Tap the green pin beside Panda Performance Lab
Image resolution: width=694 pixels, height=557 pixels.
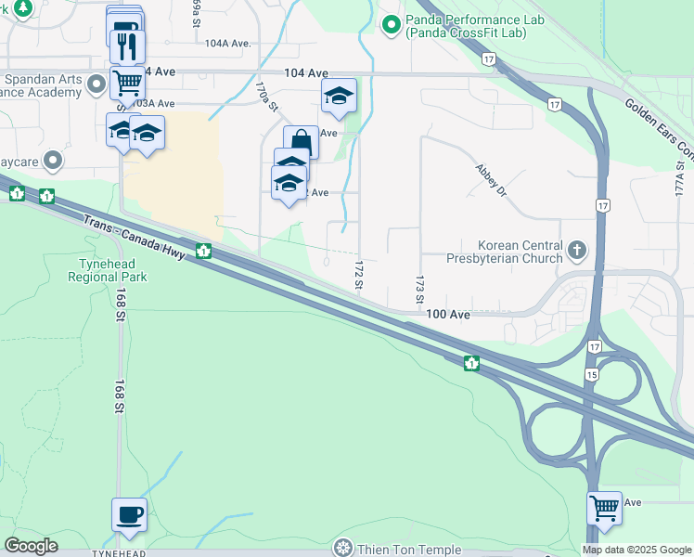point(391,23)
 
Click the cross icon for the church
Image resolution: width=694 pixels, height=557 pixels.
point(577,250)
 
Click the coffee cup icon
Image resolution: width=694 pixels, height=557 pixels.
point(129,513)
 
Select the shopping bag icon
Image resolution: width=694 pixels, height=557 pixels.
point(301,142)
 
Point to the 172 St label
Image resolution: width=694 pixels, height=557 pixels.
point(358,275)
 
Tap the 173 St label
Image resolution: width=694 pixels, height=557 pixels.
point(419,291)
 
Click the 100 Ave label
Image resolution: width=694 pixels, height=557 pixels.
point(449,315)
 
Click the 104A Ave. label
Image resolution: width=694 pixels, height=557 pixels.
point(228,44)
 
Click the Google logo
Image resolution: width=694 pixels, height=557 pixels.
point(31,546)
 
